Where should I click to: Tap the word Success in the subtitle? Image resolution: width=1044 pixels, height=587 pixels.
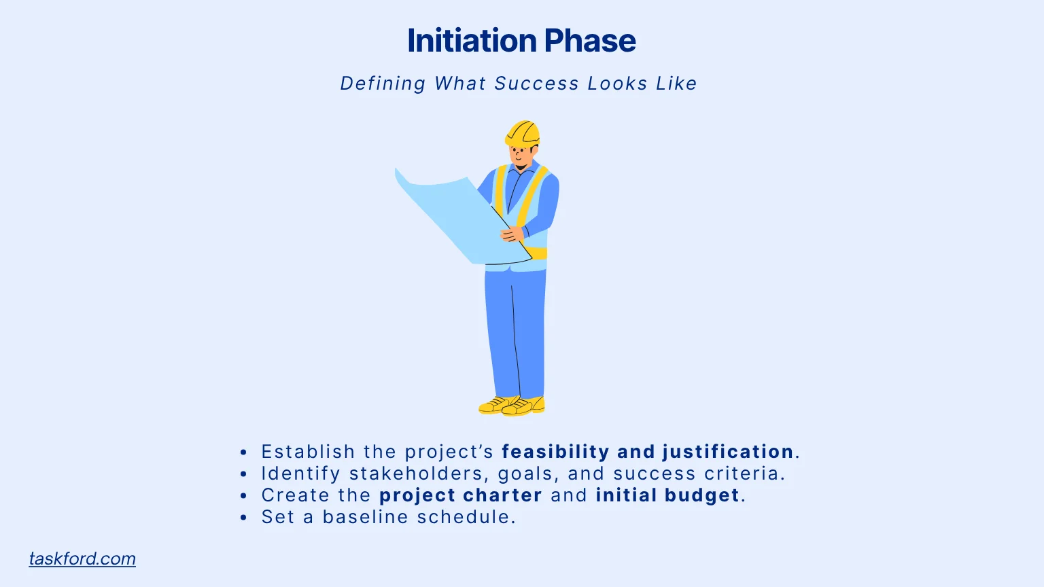tap(536, 84)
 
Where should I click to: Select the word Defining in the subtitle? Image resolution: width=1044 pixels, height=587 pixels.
tap(383, 84)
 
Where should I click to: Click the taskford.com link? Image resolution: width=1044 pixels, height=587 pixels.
tap(82, 558)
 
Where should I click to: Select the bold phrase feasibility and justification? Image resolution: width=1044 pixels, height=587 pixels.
tap(648, 452)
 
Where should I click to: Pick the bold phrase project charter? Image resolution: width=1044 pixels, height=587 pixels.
tap(460, 495)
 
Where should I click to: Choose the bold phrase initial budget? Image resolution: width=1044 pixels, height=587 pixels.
tap(667, 495)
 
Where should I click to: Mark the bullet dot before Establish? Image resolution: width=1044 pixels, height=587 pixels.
tap(244, 452)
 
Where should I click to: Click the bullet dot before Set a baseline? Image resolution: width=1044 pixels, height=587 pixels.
tap(244, 518)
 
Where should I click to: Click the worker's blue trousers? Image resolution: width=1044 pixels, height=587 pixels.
tap(515, 333)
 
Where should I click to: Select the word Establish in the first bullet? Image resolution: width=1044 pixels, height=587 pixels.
tap(308, 452)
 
